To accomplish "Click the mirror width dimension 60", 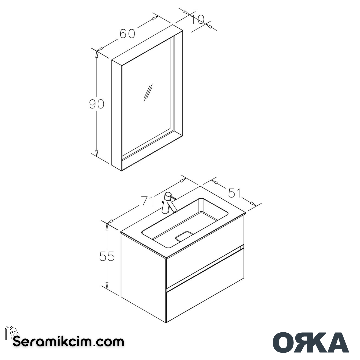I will pos(127,34).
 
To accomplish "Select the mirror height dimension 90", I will pos(97,104).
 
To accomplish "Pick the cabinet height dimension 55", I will pos(107,256).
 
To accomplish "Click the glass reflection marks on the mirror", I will pos(148,92).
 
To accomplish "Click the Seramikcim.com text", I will pos(68,342).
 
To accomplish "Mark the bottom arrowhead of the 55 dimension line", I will pos(107,286).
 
